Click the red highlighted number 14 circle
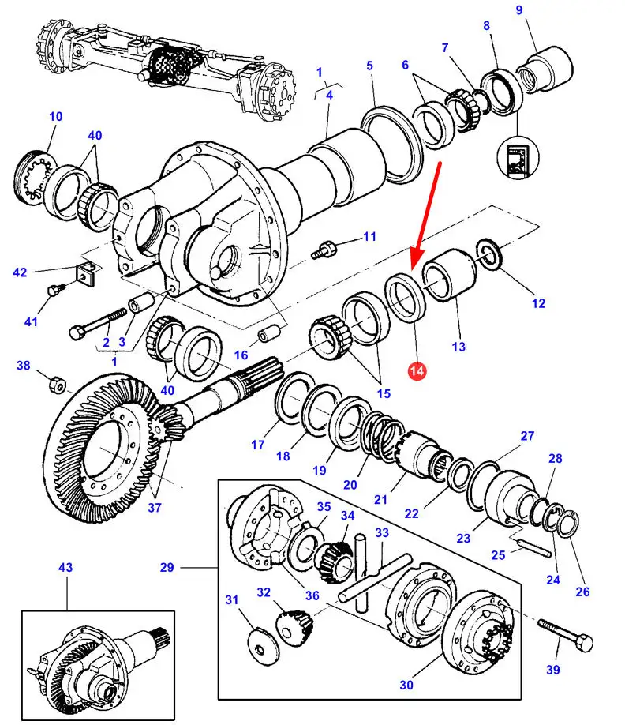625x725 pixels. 417,369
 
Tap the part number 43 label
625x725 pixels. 65,568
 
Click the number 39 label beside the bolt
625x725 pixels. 552,670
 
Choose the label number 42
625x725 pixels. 21,273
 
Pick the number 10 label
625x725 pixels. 54,117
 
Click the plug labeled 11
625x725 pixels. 324,249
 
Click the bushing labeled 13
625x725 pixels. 449,274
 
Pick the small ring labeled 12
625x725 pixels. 488,256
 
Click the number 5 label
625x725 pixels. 369,66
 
